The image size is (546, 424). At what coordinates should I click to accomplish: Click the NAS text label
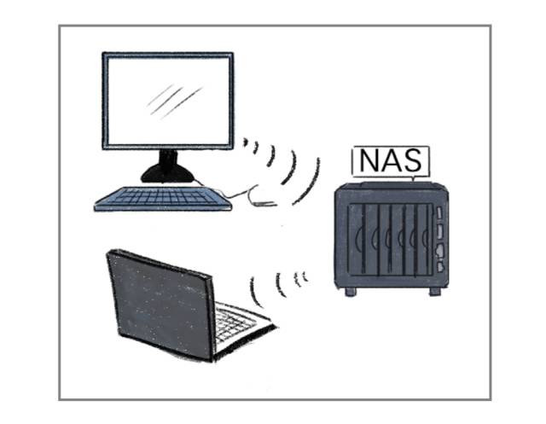pyautogui.click(x=389, y=160)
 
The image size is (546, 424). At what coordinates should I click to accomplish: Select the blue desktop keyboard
pyautogui.click(x=162, y=199)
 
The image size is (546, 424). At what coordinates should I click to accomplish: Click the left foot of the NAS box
pyautogui.click(x=350, y=290)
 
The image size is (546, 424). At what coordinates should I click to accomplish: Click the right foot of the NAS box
pyautogui.click(x=434, y=290)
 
